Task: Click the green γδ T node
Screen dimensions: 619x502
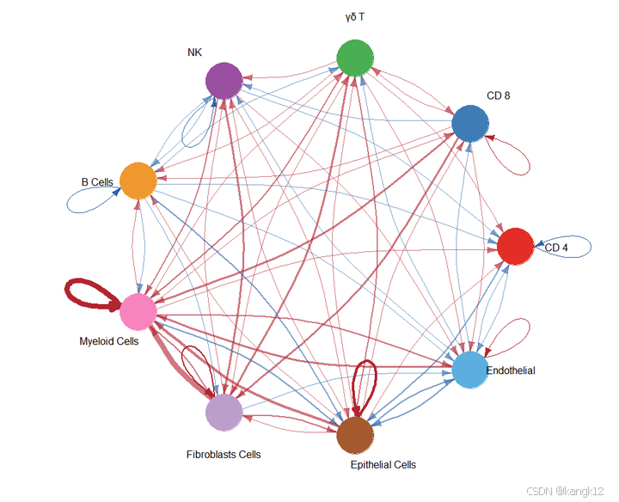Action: tap(354, 58)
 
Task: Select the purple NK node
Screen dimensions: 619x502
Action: tap(224, 80)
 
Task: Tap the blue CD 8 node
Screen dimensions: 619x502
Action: tap(470, 122)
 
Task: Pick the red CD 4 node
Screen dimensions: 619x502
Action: tap(516, 247)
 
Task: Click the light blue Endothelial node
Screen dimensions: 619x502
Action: tap(470, 370)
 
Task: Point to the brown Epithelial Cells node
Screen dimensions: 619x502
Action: tap(355, 435)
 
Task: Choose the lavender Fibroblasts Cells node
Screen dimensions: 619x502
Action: tap(224, 412)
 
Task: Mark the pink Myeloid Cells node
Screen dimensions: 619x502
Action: tap(138, 312)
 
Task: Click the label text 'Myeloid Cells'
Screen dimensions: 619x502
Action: tap(109, 341)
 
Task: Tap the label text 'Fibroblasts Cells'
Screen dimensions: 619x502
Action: tap(224, 454)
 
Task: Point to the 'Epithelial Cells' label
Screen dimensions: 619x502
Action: tap(383, 465)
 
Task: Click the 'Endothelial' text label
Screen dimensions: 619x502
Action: tap(511, 370)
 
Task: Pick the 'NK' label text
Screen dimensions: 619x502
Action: tap(195, 52)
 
